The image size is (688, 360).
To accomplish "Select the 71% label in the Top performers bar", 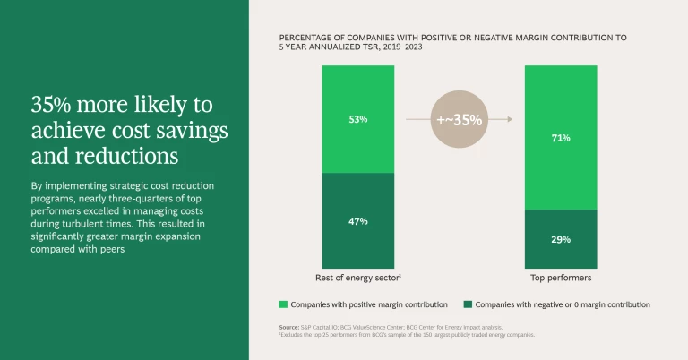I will click(562, 138).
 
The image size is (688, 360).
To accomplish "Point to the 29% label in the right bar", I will click(562, 239).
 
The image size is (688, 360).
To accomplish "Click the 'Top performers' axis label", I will click(562, 278).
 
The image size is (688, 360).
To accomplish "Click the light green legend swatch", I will click(283, 304).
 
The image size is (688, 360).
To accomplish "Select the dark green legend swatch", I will click(466, 304).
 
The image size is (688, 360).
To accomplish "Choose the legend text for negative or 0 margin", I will click(563, 304).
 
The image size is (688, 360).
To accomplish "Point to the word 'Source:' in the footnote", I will click(289, 327).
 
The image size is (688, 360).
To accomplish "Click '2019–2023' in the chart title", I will click(398, 47).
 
